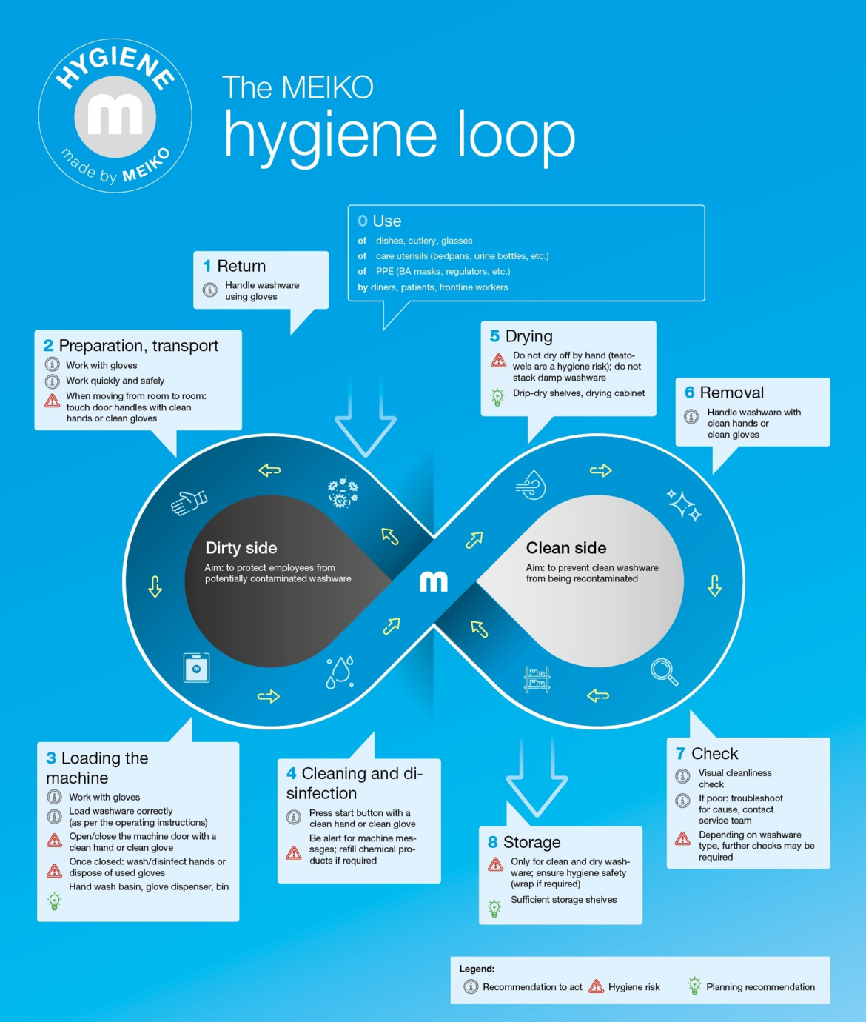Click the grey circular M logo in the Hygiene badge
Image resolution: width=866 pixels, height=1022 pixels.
(x=115, y=117)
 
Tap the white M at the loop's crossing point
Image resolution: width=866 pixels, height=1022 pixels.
(x=434, y=581)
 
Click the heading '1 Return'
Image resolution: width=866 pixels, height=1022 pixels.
(x=235, y=266)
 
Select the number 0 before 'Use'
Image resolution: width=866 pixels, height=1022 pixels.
(x=363, y=221)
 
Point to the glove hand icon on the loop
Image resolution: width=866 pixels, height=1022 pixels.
(x=189, y=503)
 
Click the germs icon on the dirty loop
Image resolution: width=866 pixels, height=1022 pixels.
(x=343, y=492)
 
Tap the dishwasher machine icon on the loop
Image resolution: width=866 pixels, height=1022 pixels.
(x=196, y=667)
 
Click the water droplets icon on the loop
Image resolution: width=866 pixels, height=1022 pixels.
(x=340, y=672)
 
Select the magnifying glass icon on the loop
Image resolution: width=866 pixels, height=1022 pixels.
(x=665, y=672)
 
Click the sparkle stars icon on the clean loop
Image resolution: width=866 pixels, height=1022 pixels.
(x=684, y=505)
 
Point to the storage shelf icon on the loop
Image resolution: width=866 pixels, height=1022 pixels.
(x=537, y=679)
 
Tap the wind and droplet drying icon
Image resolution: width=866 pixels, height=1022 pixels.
(x=531, y=485)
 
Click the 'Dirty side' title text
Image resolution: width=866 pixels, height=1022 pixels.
(x=241, y=548)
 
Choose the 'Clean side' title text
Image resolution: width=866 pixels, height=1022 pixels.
(x=566, y=548)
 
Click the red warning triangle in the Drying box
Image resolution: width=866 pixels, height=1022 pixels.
(x=498, y=361)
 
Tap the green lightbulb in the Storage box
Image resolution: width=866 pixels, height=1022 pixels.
(x=494, y=908)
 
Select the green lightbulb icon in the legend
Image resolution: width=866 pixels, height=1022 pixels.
(x=694, y=986)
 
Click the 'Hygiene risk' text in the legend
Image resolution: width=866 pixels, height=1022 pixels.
(x=634, y=987)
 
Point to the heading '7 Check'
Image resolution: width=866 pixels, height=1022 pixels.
(x=707, y=753)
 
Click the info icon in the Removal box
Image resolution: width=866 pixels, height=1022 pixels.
(x=691, y=416)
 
